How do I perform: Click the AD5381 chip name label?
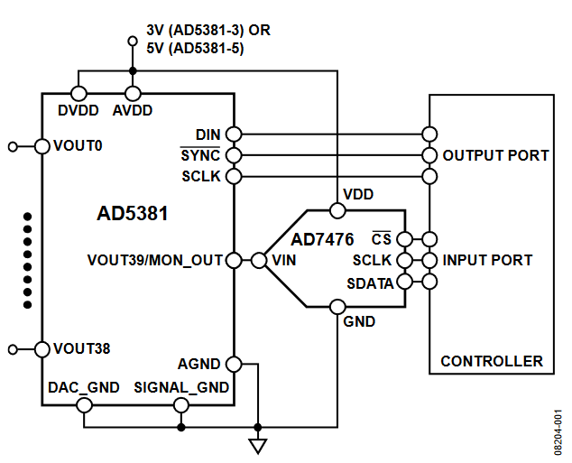pyautogui.click(x=132, y=216)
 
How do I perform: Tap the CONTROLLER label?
pyautogui.click(x=492, y=361)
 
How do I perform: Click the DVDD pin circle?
pyautogui.click(x=78, y=93)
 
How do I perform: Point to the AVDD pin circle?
pyautogui.click(x=133, y=93)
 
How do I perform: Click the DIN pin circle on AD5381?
pyautogui.click(x=234, y=134)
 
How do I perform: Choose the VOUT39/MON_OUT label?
pyautogui.click(x=155, y=260)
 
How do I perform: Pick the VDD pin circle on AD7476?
pyautogui.click(x=337, y=211)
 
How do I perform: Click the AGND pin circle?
pyautogui.click(x=234, y=365)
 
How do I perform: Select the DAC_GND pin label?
pyautogui.click(x=83, y=387)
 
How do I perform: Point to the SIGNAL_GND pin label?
pyautogui.click(x=181, y=387)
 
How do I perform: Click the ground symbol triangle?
pyautogui.click(x=258, y=445)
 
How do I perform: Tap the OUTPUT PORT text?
pyautogui.click(x=495, y=155)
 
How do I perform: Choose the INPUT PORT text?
pyautogui.click(x=487, y=260)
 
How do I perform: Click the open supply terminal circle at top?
pyautogui.click(x=133, y=41)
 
